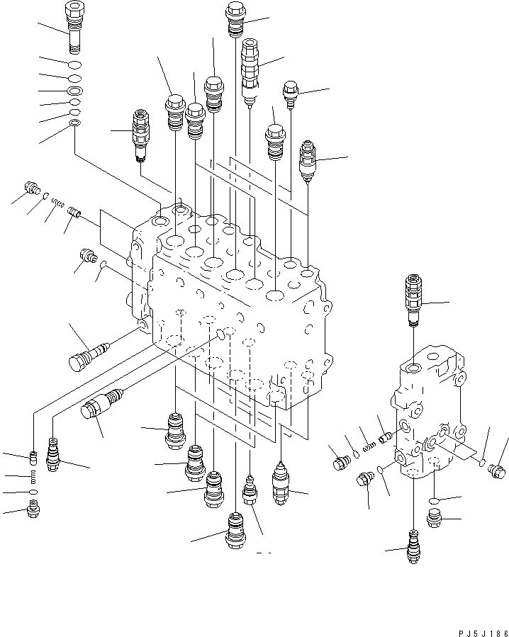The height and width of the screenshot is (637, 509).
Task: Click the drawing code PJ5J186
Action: click(x=483, y=633)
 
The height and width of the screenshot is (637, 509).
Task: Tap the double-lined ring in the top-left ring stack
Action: click(x=75, y=90)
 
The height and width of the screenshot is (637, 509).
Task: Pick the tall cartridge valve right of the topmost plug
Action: click(x=250, y=71)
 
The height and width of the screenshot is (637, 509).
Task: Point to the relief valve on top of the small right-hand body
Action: click(x=413, y=300)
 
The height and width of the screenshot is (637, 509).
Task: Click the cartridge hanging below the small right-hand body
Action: click(x=413, y=546)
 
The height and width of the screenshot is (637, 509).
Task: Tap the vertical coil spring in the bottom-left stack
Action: click(x=34, y=477)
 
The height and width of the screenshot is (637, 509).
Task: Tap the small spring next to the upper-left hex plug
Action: click(x=58, y=203)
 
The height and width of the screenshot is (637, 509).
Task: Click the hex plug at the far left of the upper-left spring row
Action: click(x=32, y=187)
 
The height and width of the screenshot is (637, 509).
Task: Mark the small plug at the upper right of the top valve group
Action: click(x=291, y=94)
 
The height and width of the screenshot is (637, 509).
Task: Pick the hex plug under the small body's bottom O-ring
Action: click(x=434, y=519)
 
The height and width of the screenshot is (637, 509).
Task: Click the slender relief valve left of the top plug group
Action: click(x=141, y=135)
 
